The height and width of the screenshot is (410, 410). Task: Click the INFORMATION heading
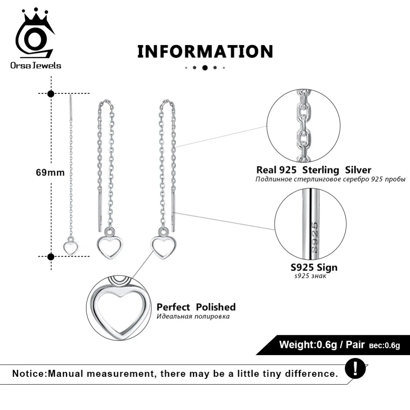coord(205,52)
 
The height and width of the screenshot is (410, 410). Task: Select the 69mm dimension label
coord(50,173)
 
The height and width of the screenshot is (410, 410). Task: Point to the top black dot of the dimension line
coord(51,94)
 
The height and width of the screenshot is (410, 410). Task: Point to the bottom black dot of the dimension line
coord(51,257)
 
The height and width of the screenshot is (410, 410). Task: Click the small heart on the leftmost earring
coord(71,247)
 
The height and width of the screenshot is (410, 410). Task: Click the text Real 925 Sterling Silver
coord(314,170)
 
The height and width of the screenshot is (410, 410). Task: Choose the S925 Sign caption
coord(314,267)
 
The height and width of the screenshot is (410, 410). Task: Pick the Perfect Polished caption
coord(196,307)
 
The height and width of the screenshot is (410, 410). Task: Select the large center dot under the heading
coord(205,68)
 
